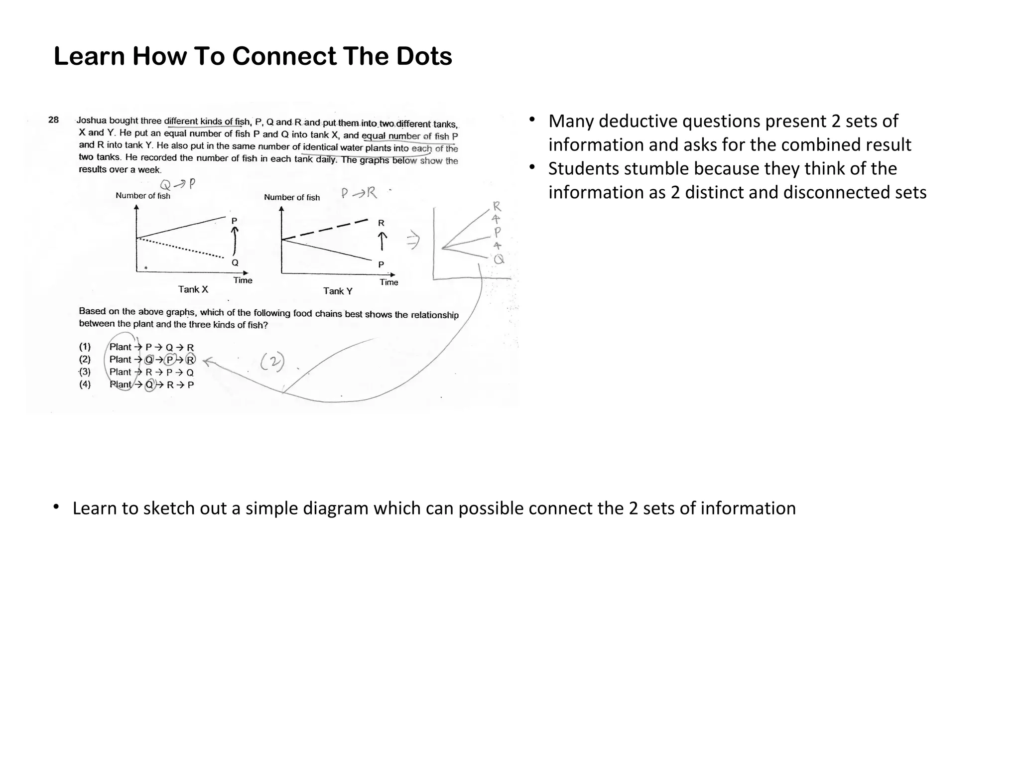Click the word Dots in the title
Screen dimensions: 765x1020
point(424,56)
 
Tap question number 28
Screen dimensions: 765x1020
point(53,120)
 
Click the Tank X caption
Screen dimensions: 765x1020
point(193,289)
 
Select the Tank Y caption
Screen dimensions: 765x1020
point(338,291)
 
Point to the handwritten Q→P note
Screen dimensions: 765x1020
point(177,184)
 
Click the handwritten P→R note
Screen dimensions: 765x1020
point(359,193)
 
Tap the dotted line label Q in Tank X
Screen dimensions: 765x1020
point(235,262)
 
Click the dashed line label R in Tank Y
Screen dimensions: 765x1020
point(381,223)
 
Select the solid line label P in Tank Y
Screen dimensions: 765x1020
point(381,264)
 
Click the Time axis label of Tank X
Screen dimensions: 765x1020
point(243,280)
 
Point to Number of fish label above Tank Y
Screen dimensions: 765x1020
point(292,197)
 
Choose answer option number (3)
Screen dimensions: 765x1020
point(85,372)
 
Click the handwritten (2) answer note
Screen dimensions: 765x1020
point(272,362)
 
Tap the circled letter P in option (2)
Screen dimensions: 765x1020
point(169,360)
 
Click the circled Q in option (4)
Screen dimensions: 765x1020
point(149,384)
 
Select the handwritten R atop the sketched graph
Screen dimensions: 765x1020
point(497,206)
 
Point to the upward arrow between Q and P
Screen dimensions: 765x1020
point(235,241)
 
